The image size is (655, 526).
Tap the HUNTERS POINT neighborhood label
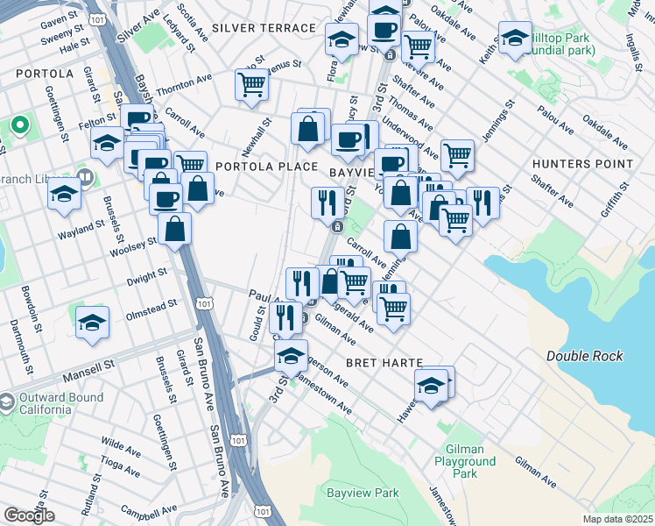[582, 164]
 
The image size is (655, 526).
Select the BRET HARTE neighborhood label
[384, 362]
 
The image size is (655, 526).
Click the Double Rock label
[584, 356]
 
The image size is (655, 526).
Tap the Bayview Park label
[363, 494]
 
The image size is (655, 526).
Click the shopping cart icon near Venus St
[251, 85]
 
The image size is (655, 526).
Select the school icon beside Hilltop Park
[514, 38]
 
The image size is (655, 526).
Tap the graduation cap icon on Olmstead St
[92, 323]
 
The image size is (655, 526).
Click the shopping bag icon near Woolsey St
[175, 230]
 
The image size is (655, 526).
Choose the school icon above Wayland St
[64, 194]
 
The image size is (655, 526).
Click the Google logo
[29, 515]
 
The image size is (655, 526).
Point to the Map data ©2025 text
[617, 519]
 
